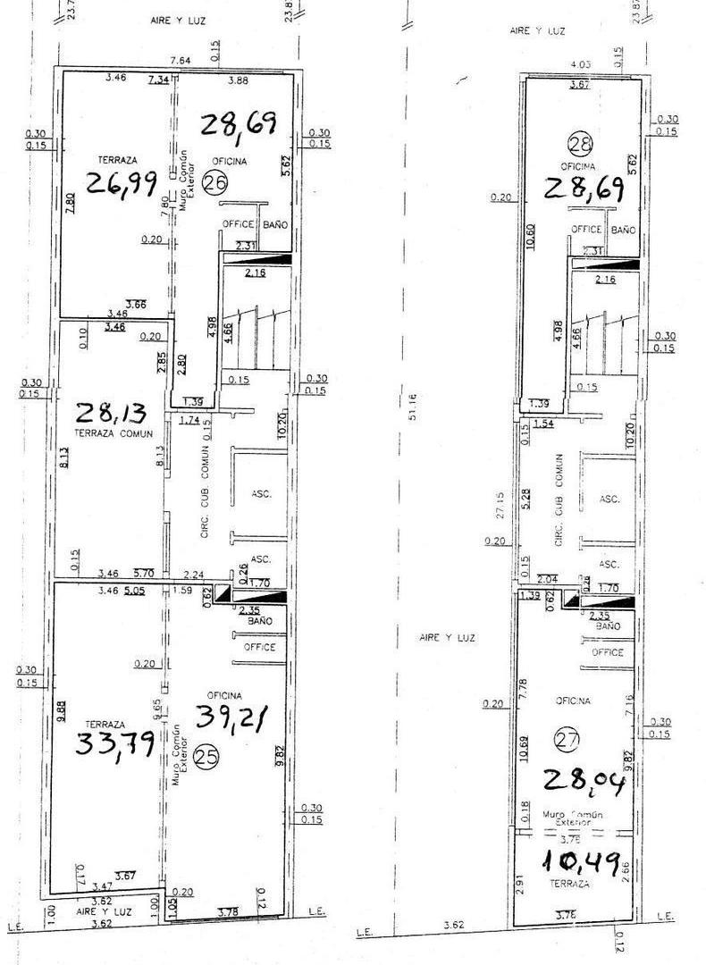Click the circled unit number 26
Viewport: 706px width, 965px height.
pos(215,183)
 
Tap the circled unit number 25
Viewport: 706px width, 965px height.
pos(206,757)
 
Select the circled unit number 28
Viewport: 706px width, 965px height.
pos(580,143)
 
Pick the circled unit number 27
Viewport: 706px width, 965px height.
pos(564,738)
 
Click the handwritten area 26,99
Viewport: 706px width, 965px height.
pos(122,183)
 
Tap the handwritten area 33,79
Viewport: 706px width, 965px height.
pos(115,743)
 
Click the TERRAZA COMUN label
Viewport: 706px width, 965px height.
pos(110,433)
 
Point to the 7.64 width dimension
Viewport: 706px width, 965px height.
pos(182,61)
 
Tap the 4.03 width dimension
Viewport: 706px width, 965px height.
pos(581,63)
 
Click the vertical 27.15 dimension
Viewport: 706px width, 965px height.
pos(500,502)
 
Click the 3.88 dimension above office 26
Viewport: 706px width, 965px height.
pos(238,80)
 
